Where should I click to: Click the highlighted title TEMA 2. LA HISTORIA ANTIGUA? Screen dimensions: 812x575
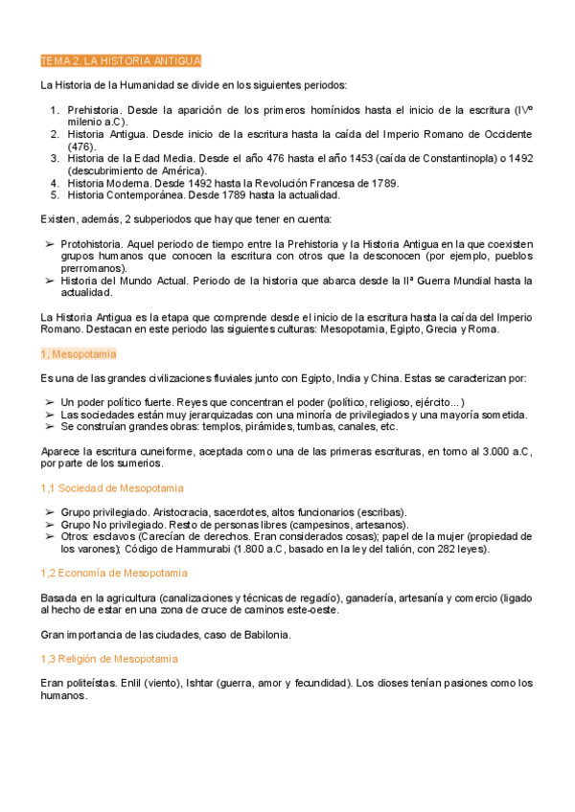[x=121, y=61]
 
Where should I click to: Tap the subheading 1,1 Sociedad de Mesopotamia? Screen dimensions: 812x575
[x=112, y=488]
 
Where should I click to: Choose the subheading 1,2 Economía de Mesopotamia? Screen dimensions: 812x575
[x=114, y=573]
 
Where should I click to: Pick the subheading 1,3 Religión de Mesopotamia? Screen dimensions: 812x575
[x=109, y=659]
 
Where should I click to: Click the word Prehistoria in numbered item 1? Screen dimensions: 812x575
[x=93, y=110]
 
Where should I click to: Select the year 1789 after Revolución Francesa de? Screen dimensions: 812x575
[x=383, y=183]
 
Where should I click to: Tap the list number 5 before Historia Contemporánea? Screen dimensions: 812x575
[x=56, y=194]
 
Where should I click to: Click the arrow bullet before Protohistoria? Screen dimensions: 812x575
[x=50, y=244]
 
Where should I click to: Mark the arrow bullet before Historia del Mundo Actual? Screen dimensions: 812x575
[x=50, y=281]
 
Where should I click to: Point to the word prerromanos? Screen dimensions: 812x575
[x=92, y=268]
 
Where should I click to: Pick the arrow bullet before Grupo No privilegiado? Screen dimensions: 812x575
[x=50, y=525]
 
